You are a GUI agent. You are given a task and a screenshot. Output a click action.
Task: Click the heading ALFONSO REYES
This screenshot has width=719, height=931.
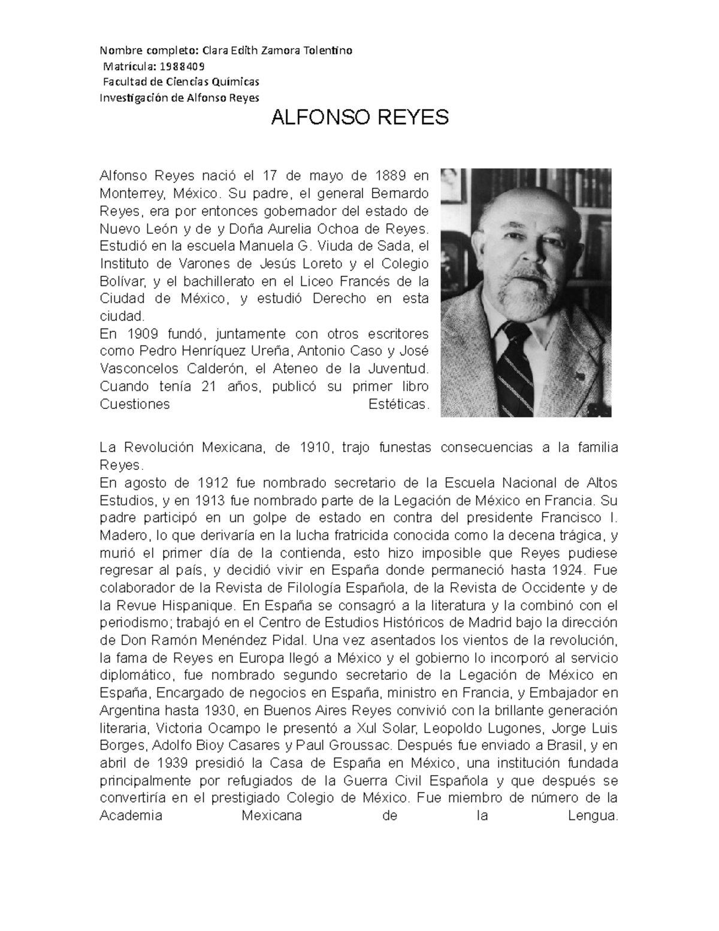(x=359, y=117)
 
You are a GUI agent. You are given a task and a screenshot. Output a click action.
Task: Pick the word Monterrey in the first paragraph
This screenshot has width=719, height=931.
(x=132, y=194)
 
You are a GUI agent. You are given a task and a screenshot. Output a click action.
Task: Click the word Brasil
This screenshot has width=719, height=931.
(x=562, y=746)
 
